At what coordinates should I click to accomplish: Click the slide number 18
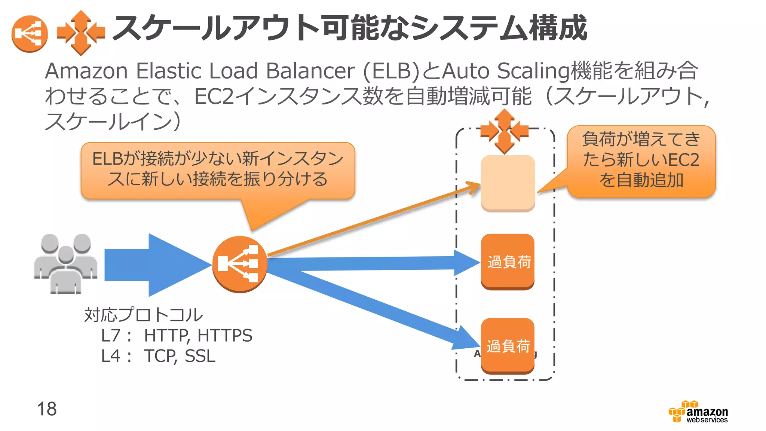point(47,409)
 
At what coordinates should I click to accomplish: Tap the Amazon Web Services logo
point(699,412)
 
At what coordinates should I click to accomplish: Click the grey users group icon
point(66,263)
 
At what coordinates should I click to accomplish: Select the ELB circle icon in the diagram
point(240,264)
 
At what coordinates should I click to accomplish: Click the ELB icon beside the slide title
point(30,34)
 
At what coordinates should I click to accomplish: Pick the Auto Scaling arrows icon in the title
point(81,33)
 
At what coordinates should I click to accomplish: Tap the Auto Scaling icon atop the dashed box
point(504,131)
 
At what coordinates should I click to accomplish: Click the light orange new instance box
point(508,183)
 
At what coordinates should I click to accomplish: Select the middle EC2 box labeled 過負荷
point(508,262)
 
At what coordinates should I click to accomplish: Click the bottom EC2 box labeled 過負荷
point(508,346)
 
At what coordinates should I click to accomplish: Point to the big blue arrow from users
point(157,265)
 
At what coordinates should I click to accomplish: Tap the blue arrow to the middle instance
point(374,263)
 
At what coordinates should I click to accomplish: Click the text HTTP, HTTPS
point(198,335)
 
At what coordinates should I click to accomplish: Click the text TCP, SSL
point(180,356)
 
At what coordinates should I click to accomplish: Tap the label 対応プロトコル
point(143,315)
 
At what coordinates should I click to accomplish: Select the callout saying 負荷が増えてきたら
point(641,161)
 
